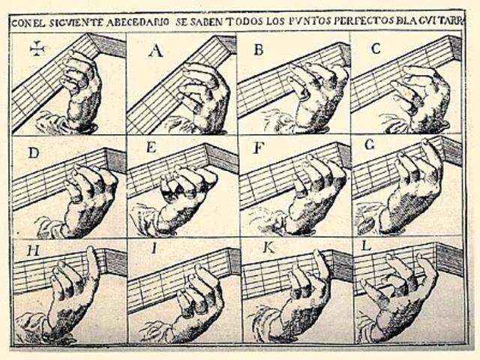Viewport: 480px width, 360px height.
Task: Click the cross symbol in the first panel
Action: point(37,49)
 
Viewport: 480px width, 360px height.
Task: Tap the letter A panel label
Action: point(156,50)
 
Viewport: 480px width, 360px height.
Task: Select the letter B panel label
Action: point(259,49)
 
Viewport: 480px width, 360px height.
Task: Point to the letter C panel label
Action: point(376,48)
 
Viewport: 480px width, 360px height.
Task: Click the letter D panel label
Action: point(33,152)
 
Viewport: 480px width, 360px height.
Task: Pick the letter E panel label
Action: point(151,148)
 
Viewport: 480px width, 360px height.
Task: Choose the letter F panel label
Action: point(259,148)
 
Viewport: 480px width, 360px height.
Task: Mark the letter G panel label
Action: point(370,145)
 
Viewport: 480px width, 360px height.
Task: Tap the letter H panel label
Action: point(33,250)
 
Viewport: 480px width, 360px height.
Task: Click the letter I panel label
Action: point(154,248)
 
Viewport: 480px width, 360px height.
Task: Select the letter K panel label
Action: point(268,248)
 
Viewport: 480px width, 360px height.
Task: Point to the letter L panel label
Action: point(367,245)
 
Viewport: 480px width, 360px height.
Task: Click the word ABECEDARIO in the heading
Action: point(137,22)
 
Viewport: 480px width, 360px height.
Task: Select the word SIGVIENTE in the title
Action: point(76,22)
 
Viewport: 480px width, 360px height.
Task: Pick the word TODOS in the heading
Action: point(244,22)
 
